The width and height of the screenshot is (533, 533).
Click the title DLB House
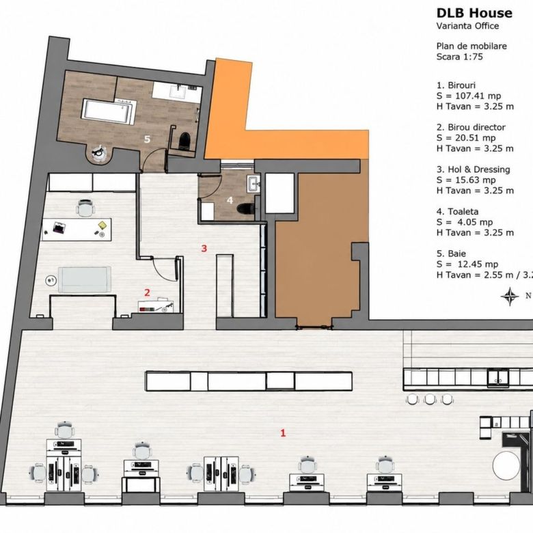474,13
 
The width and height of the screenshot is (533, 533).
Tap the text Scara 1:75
460,57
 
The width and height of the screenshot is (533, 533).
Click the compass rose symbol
510,296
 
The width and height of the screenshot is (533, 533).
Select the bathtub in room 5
108,111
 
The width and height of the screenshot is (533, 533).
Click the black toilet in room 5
185,139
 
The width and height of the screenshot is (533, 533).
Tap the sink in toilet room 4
254,184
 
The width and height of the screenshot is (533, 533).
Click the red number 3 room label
204,249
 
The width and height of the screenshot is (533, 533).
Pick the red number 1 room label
283,433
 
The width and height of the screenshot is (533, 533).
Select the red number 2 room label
147,292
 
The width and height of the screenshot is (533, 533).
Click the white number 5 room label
147,139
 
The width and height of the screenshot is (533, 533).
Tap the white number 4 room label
230,200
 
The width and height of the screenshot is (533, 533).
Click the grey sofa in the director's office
85,279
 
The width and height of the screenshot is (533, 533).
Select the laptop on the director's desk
59,228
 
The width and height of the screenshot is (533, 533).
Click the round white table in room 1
506,465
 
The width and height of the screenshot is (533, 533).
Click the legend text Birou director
476,127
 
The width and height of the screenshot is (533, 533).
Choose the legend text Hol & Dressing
479,169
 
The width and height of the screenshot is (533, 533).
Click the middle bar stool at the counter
430,399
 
